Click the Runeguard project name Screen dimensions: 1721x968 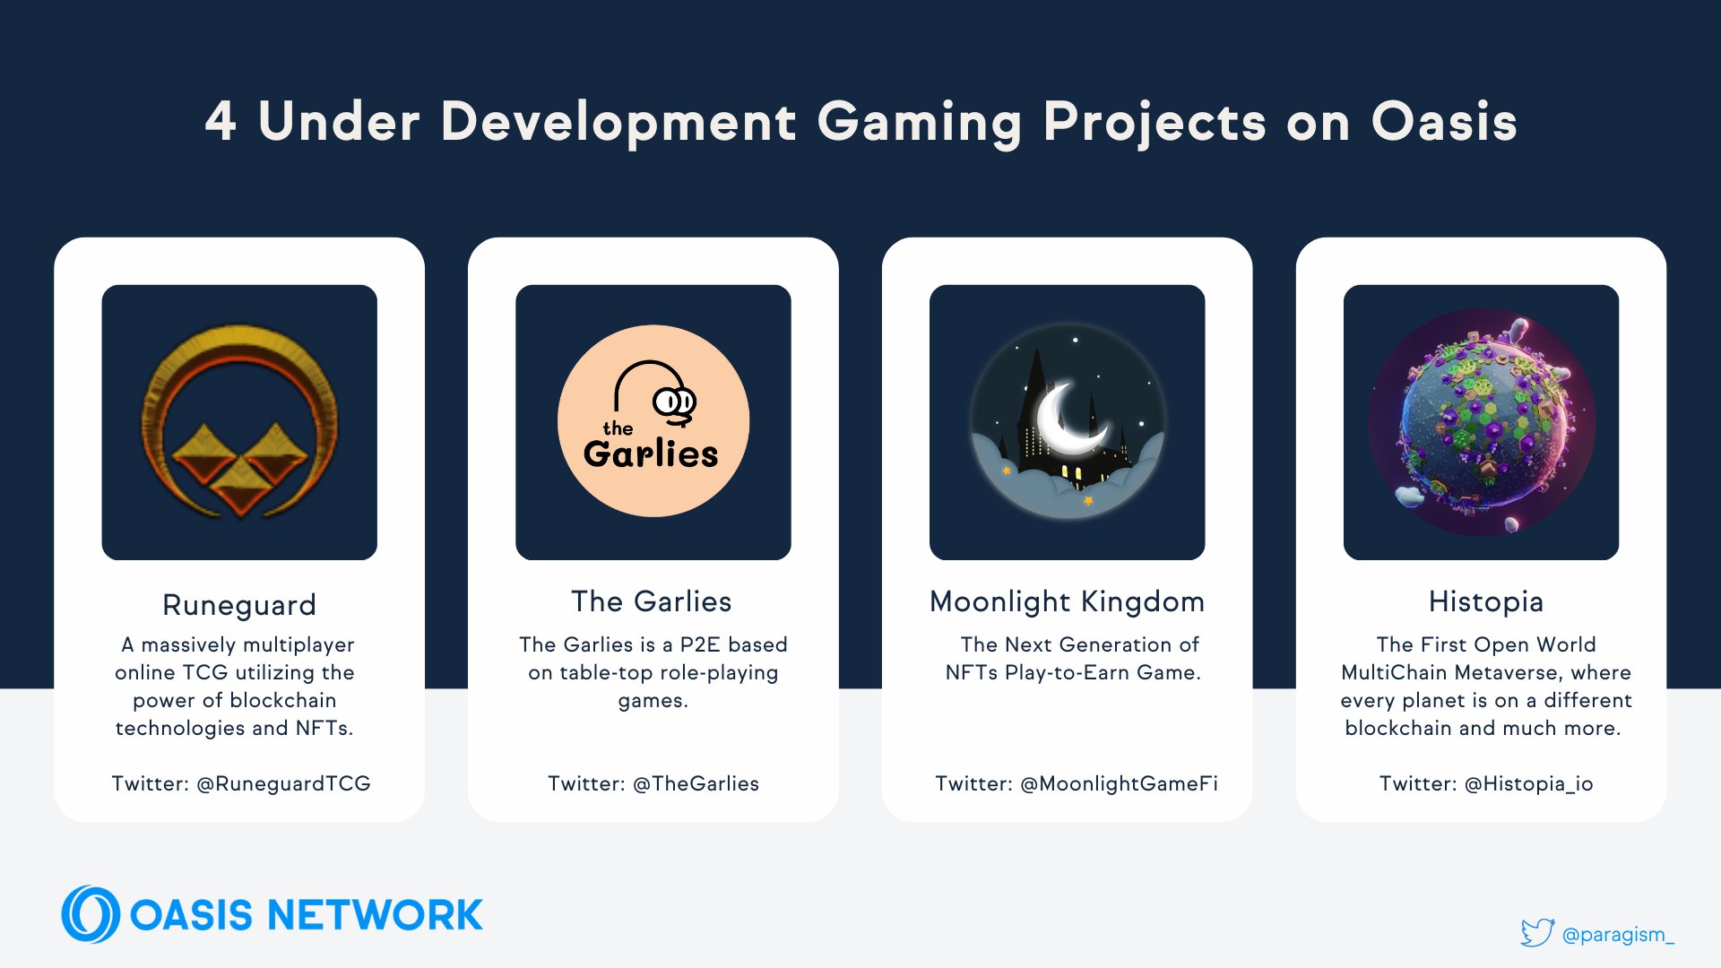[239, 605]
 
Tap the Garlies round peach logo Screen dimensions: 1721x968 [653, 420]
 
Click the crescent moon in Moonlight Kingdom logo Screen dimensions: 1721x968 [1069, 418]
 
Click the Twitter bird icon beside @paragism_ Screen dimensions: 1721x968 [1537, 932]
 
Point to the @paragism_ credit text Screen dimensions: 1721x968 [1618, 935]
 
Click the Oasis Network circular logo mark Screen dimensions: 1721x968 [91, 914]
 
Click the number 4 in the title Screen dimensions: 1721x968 [221, 121]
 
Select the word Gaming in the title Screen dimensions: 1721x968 [920, 123]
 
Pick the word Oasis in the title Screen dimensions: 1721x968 [1444, 121]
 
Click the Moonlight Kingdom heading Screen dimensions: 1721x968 [1067, 601]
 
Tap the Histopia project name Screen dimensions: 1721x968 [1486, 601]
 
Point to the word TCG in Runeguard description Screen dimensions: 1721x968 [204, 672]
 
